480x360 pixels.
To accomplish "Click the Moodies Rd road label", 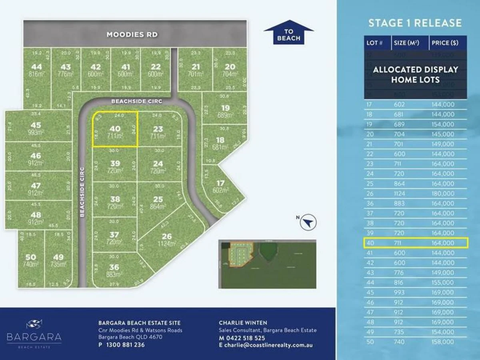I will [132, 35].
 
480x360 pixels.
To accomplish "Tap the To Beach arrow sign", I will [288, 34].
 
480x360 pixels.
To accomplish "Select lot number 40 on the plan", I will [115, 129].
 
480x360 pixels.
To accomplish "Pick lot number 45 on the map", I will [36, 125].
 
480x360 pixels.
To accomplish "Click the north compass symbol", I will [308, 222].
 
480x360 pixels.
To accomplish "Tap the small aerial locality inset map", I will [267, 264].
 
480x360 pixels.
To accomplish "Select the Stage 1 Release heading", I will [415, 23].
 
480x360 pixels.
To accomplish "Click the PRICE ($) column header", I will [444, 43].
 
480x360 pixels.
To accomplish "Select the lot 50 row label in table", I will [370, 342].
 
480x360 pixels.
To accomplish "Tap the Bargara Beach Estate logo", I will [34, 334].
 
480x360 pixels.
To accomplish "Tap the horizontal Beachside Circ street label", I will [137, 102].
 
